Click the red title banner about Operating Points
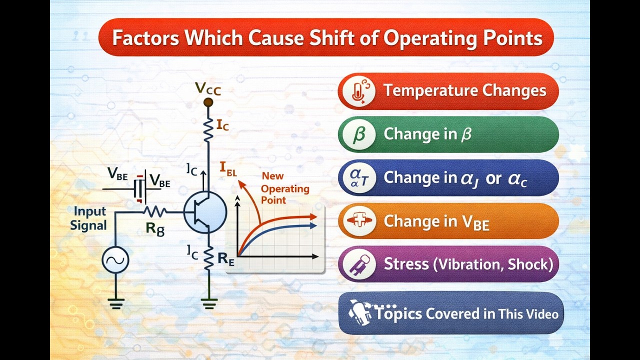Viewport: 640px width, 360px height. pyautogui.click(x=326, y=37)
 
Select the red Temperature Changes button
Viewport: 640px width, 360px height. pyautogui.click(x=448, y=91)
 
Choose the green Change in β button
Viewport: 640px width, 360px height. pyautogui.click(x=448, y=134)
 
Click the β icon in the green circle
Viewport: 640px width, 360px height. pyautogui.click(x=357, y=134)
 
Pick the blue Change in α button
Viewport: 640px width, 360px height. pyautogui.click(x=448, y=178)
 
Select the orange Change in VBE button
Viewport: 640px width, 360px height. pyautogui.click(x=448, y=221)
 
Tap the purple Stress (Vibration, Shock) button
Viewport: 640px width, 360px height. pyautogui.click(x=448, y=264)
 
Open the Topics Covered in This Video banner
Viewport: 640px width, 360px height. pyautogui.click(x=451, y=313)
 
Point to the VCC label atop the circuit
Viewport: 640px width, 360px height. pyautogui.click(x=208, y=89)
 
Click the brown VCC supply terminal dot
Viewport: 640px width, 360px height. pyautogui.click(x=208, y=102)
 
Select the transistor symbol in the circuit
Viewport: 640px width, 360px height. pyautogui.click(x=204, y=212)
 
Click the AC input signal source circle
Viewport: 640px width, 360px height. pyautogui.click(x=115, y=260)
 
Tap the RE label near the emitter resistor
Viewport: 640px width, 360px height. pyautogui.click(x=226, y=258)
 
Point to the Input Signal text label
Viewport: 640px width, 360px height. pyautogui.click(x=88, y=218)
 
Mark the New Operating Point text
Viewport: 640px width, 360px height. pyautogui.click(x=283, y=188)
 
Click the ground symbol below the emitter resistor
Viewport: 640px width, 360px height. pyautogui.click(x=209, y=302)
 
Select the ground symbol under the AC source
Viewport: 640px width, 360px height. pyautogui.click(x=115, y=302)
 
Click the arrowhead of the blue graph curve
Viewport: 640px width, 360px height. pyautogui.click(x=314, y=225)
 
